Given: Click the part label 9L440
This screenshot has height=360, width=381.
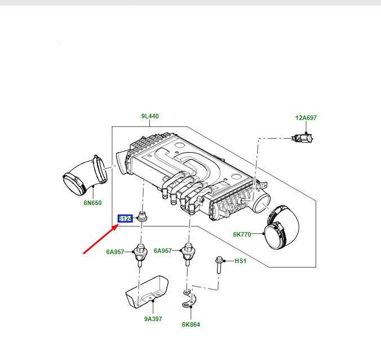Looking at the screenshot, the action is pos(150,116).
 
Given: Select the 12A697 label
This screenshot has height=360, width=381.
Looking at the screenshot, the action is pos(306,118).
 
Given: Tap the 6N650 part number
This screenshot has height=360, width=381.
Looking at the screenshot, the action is pos(92,203).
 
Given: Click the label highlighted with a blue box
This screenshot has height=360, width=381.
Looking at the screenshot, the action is pos(125,219).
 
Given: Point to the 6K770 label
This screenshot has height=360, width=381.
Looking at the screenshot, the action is pos(242,234).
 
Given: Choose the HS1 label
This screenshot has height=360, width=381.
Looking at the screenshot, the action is pos(240,261).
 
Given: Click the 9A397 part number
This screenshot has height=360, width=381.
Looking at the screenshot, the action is pos(153,319).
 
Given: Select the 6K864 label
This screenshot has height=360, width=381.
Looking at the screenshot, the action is pos(191,325).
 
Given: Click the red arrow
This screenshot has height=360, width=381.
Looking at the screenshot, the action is pos(101,239).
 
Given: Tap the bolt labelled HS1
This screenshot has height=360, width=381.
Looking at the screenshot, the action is pos(219,264).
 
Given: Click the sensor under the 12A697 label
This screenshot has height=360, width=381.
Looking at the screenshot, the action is pos(303,139).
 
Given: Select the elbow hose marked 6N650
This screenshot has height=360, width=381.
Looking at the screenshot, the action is pos(85,175).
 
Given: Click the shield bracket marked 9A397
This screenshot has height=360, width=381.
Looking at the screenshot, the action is pos(147,292).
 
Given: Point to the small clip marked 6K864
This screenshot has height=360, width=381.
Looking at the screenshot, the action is pos(189,299).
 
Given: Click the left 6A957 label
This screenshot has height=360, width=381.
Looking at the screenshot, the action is pos(115,252).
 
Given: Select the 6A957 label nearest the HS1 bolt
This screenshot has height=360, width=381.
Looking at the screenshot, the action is pos(163,251).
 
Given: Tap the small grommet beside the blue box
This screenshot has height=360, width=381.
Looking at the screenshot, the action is pos(142,216).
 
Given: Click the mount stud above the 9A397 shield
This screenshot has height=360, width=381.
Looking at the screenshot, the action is pos(140,255).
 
